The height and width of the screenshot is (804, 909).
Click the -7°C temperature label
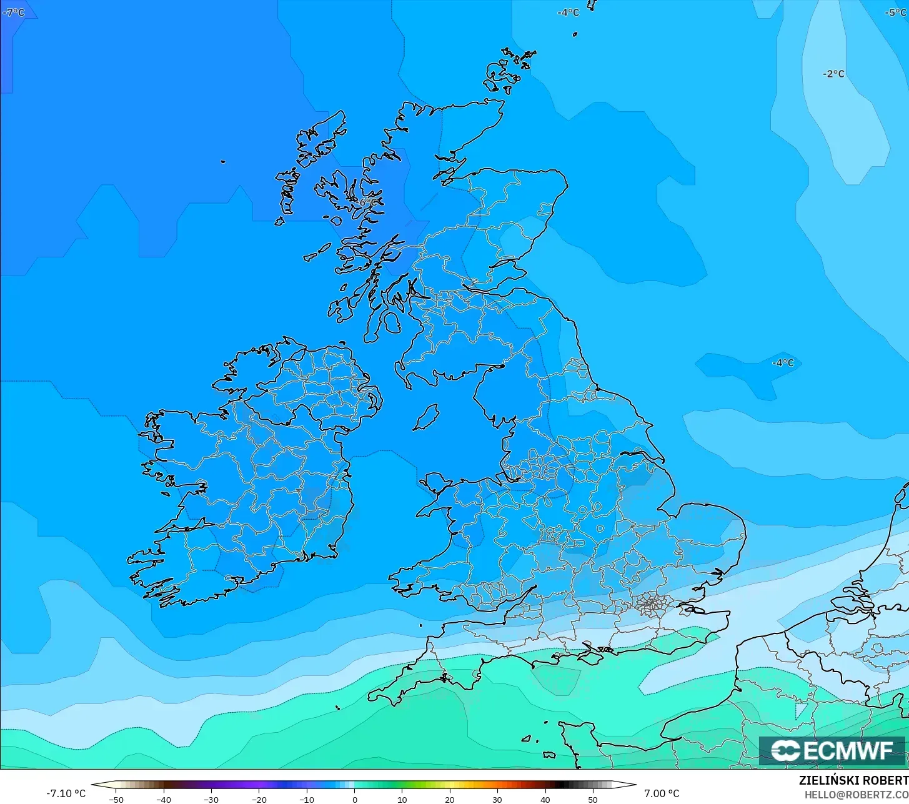pyautogui.click(x=14, y=12)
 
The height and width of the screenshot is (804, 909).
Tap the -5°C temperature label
pyautogui.click(x=896, y=12)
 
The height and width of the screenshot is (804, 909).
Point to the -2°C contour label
pyautogui.click(x=833, y=74)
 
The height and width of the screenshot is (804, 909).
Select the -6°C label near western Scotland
pyautogui.click(x=367, y=202)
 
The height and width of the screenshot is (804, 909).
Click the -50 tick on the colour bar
pyautogui.click(x=116, y=799)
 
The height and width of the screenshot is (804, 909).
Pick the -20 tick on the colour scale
pyautogui.click(x=259, y=799)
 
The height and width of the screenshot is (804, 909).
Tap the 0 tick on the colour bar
pyautogui.click(x=354, y=799)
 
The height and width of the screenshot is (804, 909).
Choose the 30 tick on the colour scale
pyautogui.click(x=497, y=799)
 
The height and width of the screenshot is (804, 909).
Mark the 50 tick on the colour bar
pyautogui.click(x=592, y=799)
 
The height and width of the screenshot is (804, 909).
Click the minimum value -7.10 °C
pyautogui.click(x=66, y=793)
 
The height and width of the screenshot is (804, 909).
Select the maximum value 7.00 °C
pyautogui.click(x=662, y=793)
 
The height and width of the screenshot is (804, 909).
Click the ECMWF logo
pyautogui.click(x=832, y=750)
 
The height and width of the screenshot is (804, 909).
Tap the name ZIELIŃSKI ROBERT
pyautogui.click(x=853, y=781)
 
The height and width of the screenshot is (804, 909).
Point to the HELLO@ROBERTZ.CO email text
pyautogui.click(x=856, y=795)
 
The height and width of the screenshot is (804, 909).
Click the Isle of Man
pyautogui.click(x=427, y=417)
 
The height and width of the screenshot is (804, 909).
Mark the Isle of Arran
pyautogui.click(x=392, y=322)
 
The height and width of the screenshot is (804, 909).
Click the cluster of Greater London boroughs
pyautogui.click(x=651, y=604)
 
